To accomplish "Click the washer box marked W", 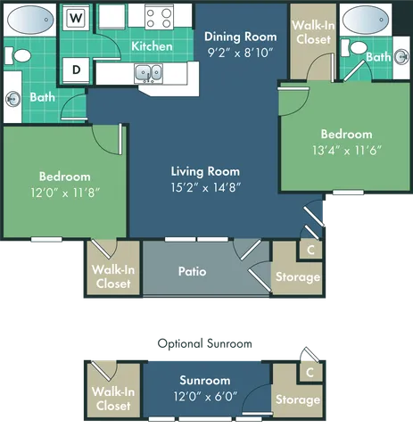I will click(78, 17).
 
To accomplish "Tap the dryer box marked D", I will click(78, 69).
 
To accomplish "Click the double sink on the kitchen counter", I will click(148, 73).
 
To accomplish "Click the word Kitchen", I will click(152, 45).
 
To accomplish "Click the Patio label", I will click(193, 270).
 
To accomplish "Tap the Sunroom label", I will click(205, 380).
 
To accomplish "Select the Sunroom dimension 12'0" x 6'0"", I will click(205, 397).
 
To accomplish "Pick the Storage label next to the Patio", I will click(296, 277).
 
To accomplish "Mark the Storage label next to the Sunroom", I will click(296, 399).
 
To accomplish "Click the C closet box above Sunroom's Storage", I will click(309, 371).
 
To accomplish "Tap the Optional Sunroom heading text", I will click(206, 342).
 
